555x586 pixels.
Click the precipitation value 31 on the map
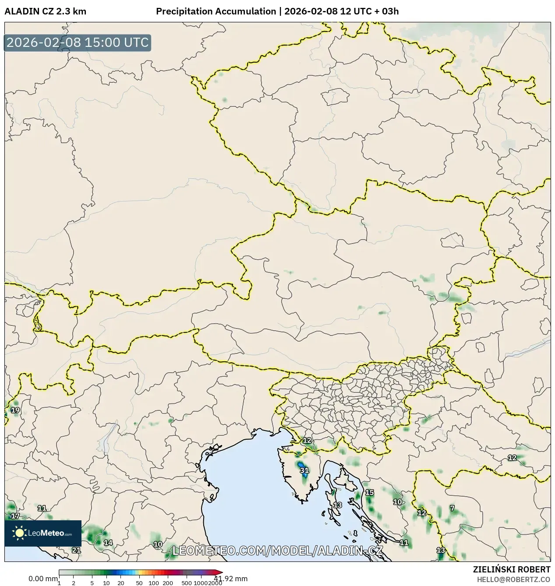(304, 470)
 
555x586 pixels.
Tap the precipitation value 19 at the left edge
(15, 410)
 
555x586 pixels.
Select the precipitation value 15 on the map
(370, 492)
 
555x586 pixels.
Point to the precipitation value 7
(452, 508)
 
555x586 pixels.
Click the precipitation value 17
(15, 516)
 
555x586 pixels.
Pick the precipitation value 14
(108, 543)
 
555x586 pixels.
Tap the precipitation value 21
(76, 550)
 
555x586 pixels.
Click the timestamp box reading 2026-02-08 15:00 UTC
(78, 43)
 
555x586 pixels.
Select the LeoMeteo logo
(43, 533)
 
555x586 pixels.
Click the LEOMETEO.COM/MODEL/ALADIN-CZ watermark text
(278, 551)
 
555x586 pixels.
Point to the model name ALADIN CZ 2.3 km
(46, 11)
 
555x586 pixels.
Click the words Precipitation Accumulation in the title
(216, 11)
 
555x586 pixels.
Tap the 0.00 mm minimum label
(43, 579)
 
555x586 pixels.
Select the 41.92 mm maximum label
(231, 579)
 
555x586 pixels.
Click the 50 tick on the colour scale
(139, 583)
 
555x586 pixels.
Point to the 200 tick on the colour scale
(168, 583)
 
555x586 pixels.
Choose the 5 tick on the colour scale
(92, 583)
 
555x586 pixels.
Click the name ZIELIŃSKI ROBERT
(512, 569)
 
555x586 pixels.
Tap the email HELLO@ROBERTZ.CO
(514, 579)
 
